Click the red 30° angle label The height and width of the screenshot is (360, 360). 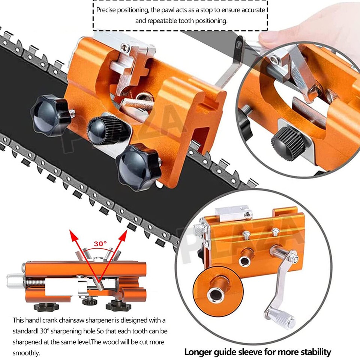click(100, 243)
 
